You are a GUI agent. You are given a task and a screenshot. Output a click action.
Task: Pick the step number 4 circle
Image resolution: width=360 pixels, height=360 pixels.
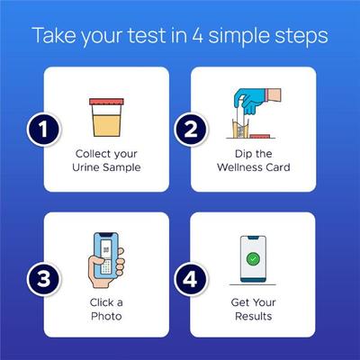pos(189,279)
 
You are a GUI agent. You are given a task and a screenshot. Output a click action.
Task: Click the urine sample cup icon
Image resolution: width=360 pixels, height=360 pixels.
pos(108,115)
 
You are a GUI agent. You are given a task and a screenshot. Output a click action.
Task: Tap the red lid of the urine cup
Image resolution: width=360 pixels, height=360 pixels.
pos(108,101)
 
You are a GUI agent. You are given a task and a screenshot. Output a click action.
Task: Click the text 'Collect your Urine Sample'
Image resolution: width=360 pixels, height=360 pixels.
pos(108,159)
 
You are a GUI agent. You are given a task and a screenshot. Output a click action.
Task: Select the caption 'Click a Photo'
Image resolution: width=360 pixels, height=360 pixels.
pos(108,310)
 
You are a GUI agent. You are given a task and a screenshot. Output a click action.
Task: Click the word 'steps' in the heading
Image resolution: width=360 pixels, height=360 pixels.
pos(297,38)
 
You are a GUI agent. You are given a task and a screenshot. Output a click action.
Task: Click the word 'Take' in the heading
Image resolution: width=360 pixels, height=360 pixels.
pos(52,38)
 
